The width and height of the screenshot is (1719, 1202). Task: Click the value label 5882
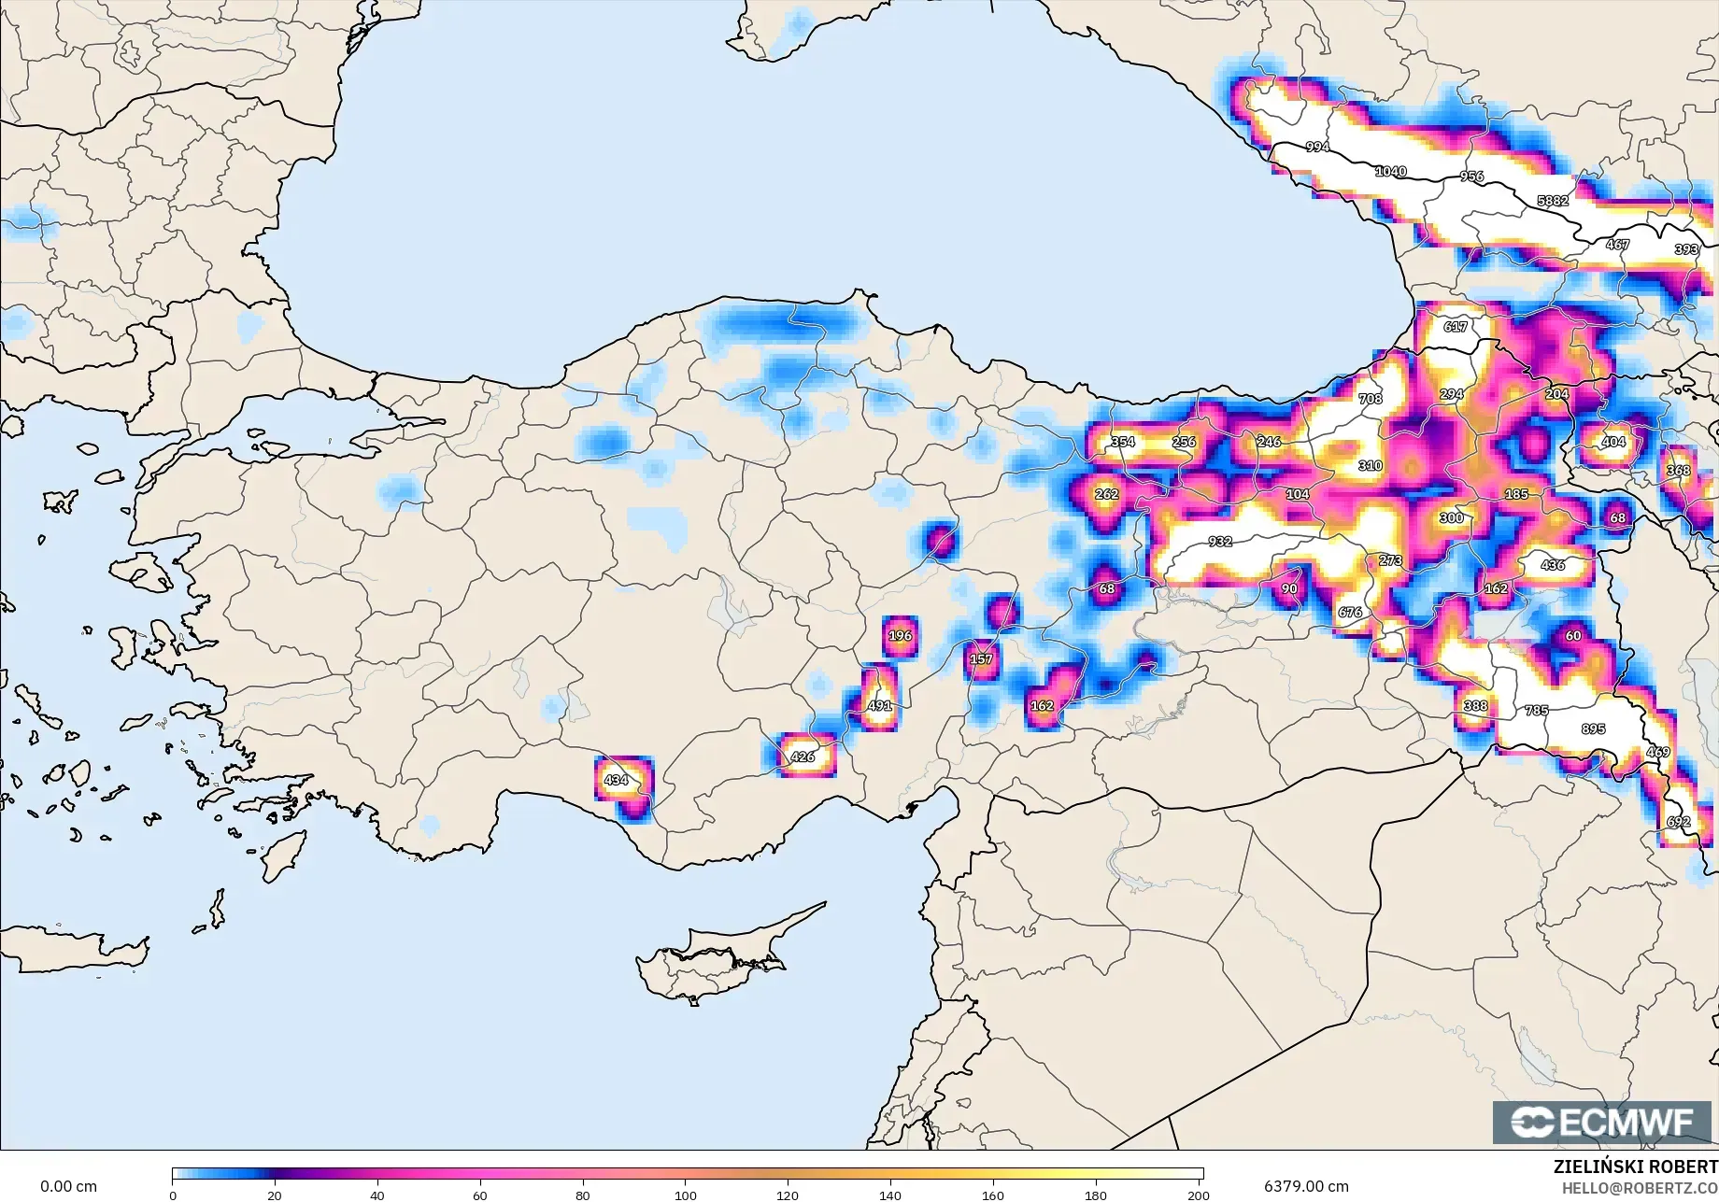click(1553, 200)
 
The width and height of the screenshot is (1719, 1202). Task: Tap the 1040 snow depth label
click(1390, 171)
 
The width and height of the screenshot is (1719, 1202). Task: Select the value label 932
click(1219, 541)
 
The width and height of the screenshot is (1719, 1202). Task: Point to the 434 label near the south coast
click(616, 780)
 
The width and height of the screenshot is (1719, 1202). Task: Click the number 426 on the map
click(802, 757)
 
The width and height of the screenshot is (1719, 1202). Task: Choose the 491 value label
click(879, 705)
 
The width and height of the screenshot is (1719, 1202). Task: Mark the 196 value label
click(900, 635)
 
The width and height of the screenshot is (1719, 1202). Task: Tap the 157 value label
click(980, 658)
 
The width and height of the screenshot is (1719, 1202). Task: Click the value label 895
click(1593, 728)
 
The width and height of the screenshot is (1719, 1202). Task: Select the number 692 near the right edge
click(1678, 822)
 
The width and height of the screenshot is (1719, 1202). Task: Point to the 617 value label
click(1455, 326)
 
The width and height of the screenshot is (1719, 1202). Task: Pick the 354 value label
click(1122, 442)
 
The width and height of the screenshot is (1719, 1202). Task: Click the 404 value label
click(1612, 442)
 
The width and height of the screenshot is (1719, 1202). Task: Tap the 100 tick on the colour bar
click(686, 1195)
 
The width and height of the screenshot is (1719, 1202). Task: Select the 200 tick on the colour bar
click(1198, 1195)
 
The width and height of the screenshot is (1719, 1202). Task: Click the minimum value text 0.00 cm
click(68, 1186)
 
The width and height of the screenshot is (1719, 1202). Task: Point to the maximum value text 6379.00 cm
click(1306, 1186)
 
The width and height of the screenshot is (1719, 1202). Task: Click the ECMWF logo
click(1601, 1122)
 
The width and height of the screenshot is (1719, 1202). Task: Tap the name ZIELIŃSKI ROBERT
click(1634, 1167)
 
